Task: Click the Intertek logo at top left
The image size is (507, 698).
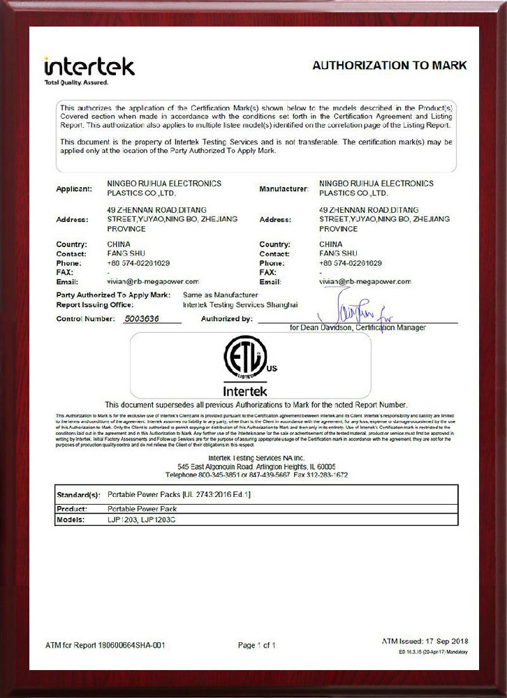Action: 89,66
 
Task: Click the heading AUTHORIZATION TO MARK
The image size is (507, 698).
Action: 389,66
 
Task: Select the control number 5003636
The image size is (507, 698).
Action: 140,319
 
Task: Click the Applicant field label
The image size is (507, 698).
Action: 73,189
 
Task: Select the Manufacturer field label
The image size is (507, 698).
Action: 284,189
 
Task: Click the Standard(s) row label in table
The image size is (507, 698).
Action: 79,495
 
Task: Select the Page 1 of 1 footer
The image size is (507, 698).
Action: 256,646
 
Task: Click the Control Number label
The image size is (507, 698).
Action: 85,319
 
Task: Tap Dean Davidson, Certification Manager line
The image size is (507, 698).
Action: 357,327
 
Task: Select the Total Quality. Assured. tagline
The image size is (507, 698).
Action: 76,83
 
